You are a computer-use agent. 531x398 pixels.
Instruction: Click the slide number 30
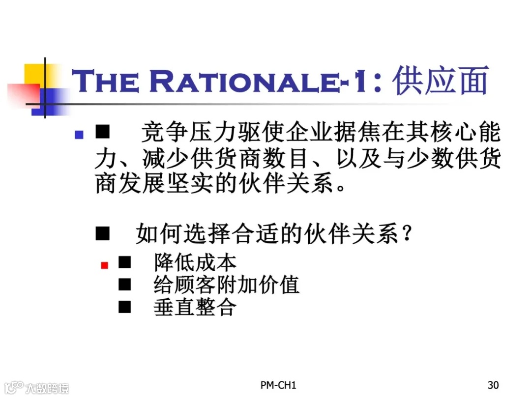[x=493, y=385]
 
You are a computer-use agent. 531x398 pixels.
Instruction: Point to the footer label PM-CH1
[x=279, y=385]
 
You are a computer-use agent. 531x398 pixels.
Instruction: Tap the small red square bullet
[x=104, y=265]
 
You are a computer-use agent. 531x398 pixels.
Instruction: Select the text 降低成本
[x=195, y=263]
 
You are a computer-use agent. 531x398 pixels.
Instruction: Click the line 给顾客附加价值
[x=226, y=285]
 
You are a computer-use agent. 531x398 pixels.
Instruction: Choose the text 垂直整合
[x=195, y=307]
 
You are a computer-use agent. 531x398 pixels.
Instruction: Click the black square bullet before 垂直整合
[x=125, y=307]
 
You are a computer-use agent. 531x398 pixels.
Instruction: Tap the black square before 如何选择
[x=102, y=234]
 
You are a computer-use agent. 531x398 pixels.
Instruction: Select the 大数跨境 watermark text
[x=47, y=388]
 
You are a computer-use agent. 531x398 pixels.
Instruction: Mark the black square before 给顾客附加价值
[x=125, y=285]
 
